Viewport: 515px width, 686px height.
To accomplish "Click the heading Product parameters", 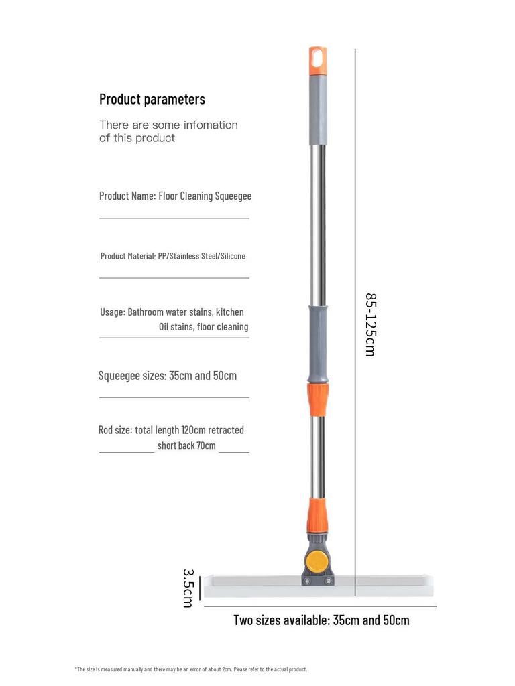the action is [152, 99].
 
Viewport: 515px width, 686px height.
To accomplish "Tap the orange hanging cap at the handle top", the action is [317, 61].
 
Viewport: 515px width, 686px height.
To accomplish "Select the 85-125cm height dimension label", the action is [370, 324].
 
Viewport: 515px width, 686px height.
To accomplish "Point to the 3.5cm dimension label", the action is [188, 588].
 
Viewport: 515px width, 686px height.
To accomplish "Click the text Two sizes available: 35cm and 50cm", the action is [321, 620].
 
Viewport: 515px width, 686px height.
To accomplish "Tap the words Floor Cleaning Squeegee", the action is [205, 196].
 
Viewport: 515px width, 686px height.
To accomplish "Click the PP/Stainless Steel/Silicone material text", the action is [202, 256].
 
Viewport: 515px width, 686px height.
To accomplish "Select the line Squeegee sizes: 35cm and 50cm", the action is [168, 375].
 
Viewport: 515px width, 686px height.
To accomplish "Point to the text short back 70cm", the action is [186, 445].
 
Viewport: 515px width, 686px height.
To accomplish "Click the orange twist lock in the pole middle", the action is [318, 399].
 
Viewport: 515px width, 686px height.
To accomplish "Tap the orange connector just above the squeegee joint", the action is [317, 514].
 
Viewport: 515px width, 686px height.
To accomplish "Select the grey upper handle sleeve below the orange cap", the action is [317, 111].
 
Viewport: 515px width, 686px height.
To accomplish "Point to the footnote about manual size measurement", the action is [190, 669].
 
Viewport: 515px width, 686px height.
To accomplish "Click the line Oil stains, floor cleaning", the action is [203, 327].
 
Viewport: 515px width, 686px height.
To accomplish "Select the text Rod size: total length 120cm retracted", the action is [171, 430].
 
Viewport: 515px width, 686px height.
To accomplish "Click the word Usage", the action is [112, 312].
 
